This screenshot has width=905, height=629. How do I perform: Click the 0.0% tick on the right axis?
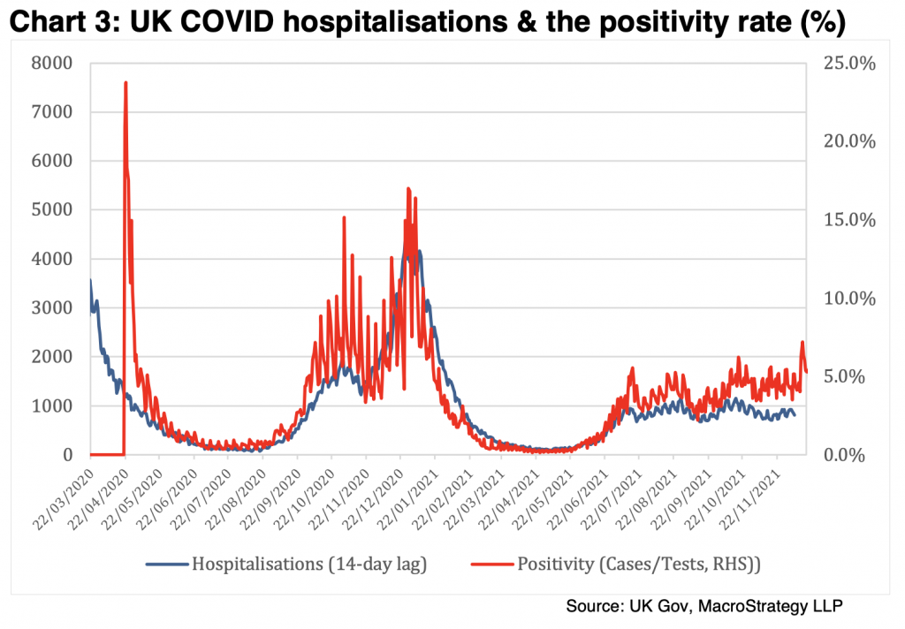[x=849, y=455]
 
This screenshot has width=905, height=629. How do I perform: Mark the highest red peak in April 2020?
[x=125, y=82]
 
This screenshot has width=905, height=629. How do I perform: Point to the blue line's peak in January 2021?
[x=419, y=251]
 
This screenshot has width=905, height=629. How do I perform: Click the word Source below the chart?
[x=597, y=607]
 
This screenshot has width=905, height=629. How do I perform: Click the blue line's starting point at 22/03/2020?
[x=90, y=281]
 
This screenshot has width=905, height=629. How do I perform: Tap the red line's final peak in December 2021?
[x=802, y=342]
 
